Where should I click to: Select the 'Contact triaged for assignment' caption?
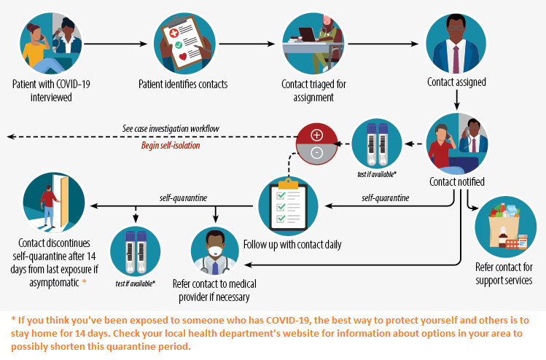[313, 90]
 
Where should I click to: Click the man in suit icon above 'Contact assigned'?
[456, 44]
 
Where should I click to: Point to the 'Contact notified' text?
[456, 181]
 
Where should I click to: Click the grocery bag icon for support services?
[505, 227]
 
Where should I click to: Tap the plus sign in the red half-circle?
[316, 135]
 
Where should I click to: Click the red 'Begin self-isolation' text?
[170, 145]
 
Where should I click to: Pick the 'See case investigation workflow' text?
[171, 129]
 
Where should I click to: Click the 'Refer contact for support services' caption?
[504, 273]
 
